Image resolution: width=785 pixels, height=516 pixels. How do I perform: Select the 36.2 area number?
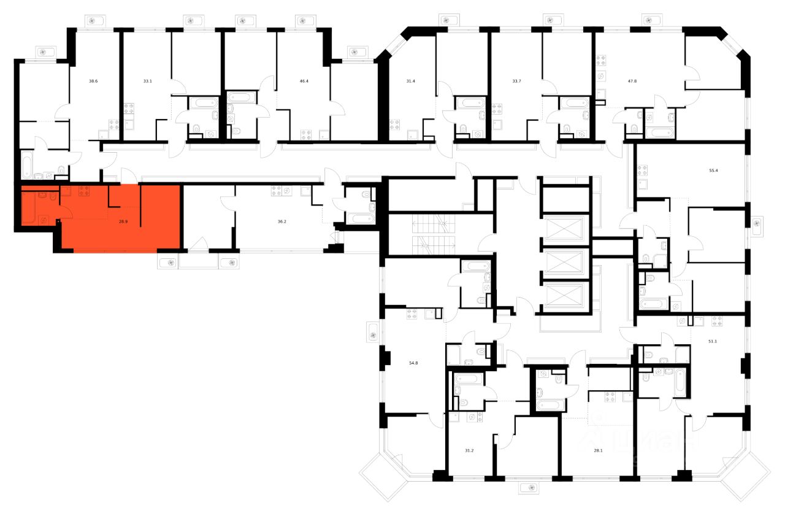(x=281, y=221)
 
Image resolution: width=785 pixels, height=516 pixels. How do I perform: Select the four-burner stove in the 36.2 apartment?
(x=277, y=191)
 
